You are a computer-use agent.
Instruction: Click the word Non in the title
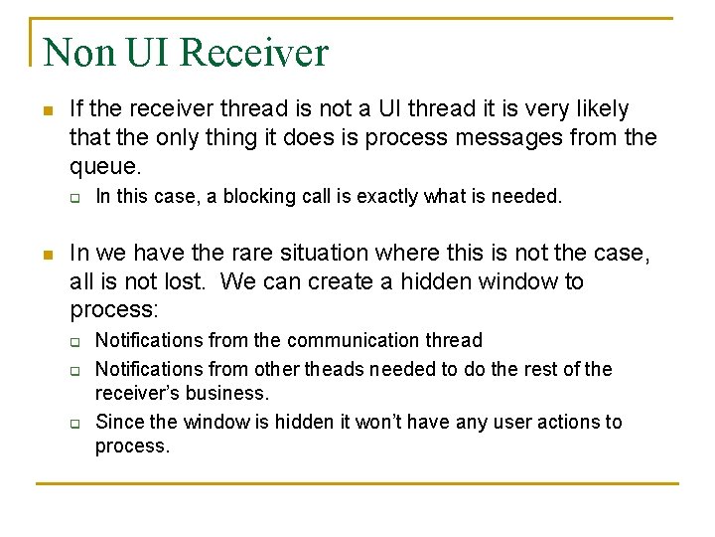(80, 52)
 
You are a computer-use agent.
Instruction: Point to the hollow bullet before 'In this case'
(74, 197)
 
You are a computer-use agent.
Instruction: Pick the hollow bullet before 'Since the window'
(74, 423)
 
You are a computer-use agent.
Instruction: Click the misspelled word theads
(336, 369)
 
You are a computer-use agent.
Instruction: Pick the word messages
(446, 137)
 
